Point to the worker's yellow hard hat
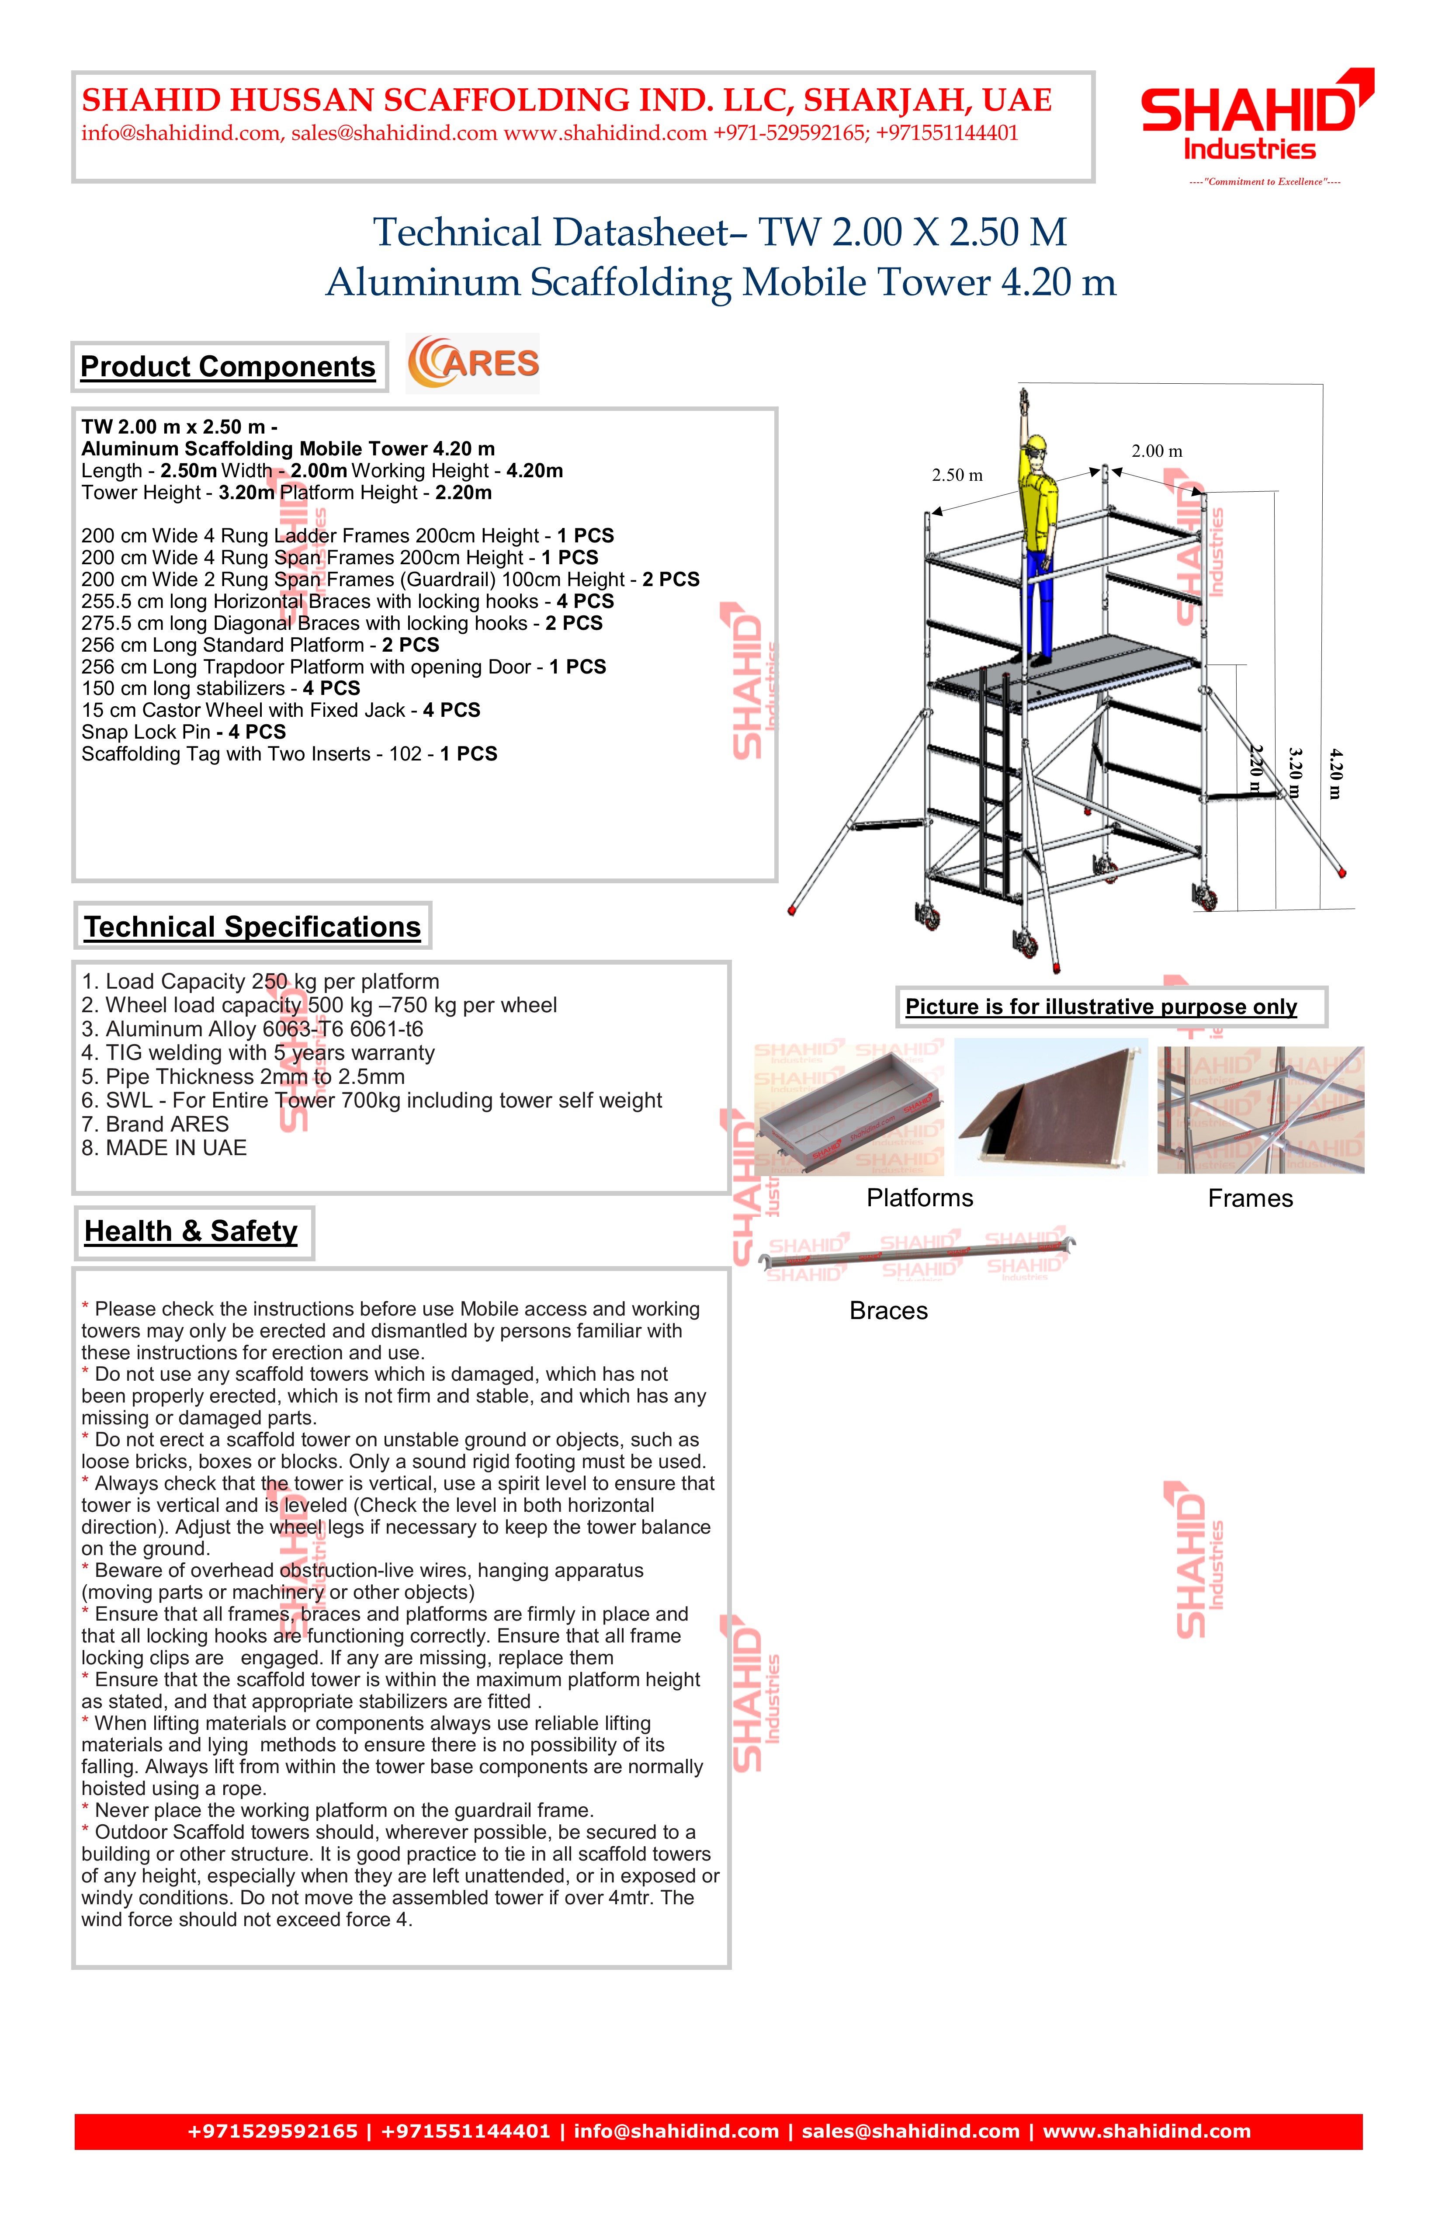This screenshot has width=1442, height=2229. pyautogui.click(x=1036, y=444)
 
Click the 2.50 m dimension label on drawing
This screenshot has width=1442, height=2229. pyautogui.click(x=957, y=475)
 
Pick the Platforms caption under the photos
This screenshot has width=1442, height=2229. pyautogui.click(x=919, y=1198)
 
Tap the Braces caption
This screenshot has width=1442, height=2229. pyautogui.click(x=889, y=1310)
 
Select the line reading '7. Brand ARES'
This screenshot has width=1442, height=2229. pyautogui.click(x=156, y=1124)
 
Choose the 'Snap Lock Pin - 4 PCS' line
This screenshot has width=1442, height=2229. pyautogui.click(x=184, y=732)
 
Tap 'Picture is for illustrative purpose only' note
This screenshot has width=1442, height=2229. pyautogui.click(x=1101, y=1007)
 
